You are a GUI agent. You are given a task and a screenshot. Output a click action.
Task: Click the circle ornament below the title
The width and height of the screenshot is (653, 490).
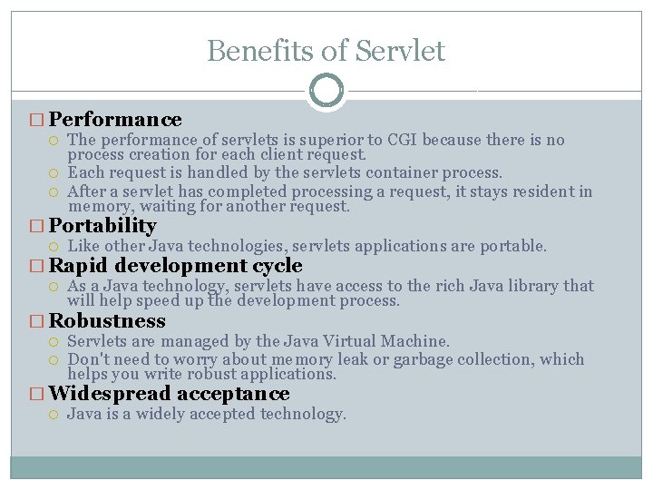326,90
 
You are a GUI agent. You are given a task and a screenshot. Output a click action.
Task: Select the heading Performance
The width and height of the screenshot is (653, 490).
115,120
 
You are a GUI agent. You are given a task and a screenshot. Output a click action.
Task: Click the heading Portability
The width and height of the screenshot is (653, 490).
102,226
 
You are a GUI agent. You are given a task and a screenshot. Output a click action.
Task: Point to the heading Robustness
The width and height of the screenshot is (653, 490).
107,321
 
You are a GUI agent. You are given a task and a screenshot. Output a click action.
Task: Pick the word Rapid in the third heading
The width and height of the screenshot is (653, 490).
79,266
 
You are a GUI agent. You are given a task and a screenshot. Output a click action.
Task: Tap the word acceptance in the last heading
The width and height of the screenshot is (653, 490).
233,394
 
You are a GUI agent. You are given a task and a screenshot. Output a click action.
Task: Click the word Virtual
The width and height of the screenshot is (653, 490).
334,341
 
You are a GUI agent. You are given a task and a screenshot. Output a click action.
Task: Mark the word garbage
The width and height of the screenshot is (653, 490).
435,359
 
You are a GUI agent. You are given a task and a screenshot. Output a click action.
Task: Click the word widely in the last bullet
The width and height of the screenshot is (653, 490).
170,415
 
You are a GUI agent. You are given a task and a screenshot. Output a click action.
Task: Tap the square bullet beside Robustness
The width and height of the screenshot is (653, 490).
36,322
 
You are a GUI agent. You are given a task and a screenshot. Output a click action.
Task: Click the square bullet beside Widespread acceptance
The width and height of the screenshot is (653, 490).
36,395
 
